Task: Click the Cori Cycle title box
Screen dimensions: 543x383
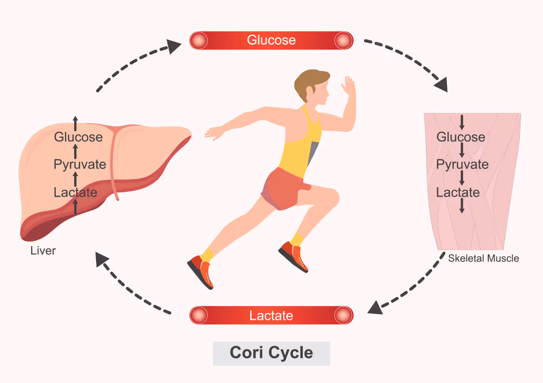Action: (271, 353)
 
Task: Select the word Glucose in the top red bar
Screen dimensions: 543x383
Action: (271, 40)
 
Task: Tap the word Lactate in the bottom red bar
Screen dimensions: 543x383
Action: (271, 316)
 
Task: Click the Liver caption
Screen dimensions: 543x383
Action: (43, 251)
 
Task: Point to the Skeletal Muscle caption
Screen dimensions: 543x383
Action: (484, 258)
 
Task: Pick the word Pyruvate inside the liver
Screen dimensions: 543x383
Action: (80, 164)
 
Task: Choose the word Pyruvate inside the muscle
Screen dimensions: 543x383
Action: (462, 164)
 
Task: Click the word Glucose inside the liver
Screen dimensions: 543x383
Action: (78, 137)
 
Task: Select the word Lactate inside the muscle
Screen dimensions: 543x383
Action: (458, 193)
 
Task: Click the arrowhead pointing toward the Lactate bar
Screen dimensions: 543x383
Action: (375, 307)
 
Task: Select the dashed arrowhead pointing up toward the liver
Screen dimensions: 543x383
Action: (102, 258)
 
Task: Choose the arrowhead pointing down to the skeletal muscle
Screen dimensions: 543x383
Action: (441, 84)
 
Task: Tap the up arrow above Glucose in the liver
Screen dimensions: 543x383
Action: (75, 124)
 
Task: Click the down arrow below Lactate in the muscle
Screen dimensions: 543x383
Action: (462, 206)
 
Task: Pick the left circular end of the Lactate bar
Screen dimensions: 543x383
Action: (199, 315)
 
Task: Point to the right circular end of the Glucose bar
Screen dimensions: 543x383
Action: (344, 40)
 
